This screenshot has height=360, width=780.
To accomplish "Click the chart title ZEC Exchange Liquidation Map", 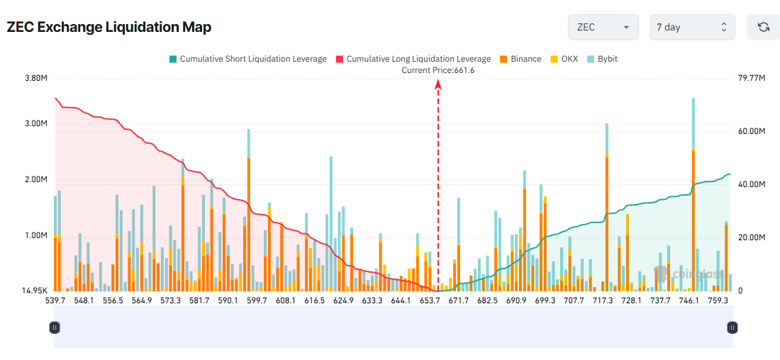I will coord(108,27).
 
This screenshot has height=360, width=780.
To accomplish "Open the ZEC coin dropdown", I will coord(603,27).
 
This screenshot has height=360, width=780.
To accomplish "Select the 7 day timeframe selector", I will coord(692,27).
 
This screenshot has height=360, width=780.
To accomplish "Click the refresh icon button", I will coord(763,27).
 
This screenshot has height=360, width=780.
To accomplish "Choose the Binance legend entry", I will coord(520,59).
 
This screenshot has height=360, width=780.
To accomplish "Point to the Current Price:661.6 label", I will coord(438,70).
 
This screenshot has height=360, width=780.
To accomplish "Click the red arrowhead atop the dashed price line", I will coord(438,84).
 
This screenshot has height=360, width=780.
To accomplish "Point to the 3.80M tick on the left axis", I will coord(35,78).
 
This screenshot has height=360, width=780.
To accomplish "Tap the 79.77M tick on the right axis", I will coord(752,78).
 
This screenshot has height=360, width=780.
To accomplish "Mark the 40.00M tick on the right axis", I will coord(752,184).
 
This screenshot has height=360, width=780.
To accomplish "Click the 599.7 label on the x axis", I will coord(257,301).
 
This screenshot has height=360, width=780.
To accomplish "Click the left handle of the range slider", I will coord(55,327).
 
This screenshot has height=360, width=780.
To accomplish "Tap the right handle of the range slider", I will coord(732,327).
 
